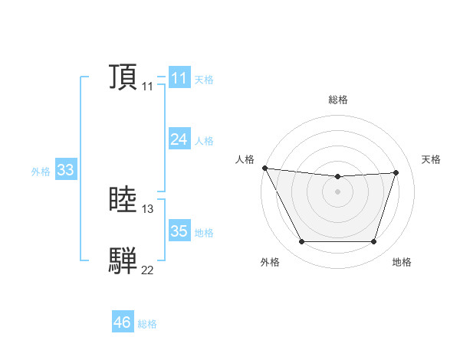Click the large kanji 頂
pyautogui.click(x=123, y=77)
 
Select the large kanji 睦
pyautogui.click(x=123, y=201)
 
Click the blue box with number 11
pyautogui.click(x=179, y=78)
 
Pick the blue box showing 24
pyautogui.click(x=179, y=139)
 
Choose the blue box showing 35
pyautogui.click(x=179, y=231)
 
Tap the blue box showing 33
pyautogui.click(x=65, y=170)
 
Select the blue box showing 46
pyautogui.click(x=122, y=322)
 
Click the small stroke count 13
pyautogui.click(x=148, y=209)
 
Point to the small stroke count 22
pyautogui.click(x=148, y=270)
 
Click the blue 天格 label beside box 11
pyautogui.click(x=204, y=79)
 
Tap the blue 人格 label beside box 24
pyautogui.click(x=204, y=140)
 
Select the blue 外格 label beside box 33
pyautogui.click(x=41, y=172)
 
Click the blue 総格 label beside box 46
pyautogui.click(x=147, y=324)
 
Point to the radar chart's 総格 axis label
pyautogui.click(x=337, y=100)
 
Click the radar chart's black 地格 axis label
pyautogui.click(x=402, y=262)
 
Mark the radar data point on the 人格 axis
pyautogui.click(x=264, y=168)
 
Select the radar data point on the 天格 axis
pyautogui.click(x=396, y=172)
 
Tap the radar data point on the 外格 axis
pyautogui.click(x=301, y=242)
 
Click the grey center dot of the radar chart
pyautogui.click(x=337, y=191)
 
